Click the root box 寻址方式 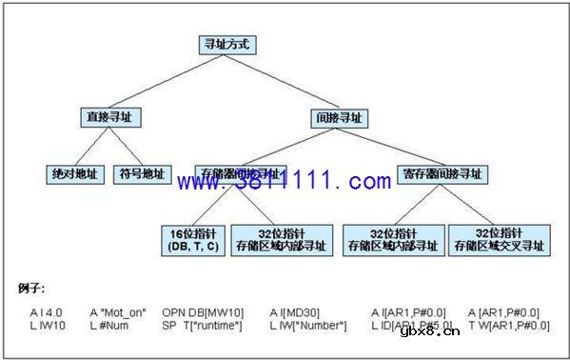point(226,44)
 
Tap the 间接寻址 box point(340,118)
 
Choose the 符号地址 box point(141,175)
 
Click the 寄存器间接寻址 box point(441,175)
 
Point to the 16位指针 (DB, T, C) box point(192,239)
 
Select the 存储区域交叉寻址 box point(500,239)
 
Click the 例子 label point(32,287)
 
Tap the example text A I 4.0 point(46,311)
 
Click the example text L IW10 point(46,326)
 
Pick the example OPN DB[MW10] point(203,311)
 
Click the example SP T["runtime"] point(203,326)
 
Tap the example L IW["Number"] point(306,326)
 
